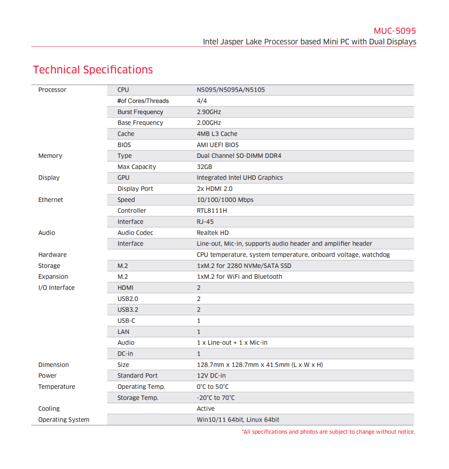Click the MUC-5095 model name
pos(395,31)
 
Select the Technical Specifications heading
pos(93,70)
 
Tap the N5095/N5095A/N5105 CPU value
pos(231,90)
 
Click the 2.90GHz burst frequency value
pos(209,112)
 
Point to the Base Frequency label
pos(140,123)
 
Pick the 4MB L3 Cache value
pos(217,134)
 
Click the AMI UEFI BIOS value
pos(217,145)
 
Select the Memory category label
pos(50,156)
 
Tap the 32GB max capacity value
pos(204,167)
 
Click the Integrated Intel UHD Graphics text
pos(239,178)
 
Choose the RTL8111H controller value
pos(212,211)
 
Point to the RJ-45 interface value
pos(205,222)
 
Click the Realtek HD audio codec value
pos(212,233)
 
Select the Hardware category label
pos(52,255)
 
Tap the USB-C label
pos(126,321)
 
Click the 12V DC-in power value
pos(211,376)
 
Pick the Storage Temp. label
pos(138,398)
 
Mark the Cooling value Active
pos(205,409)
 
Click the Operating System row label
pos(64,420)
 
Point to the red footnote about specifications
pos(328,432)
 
